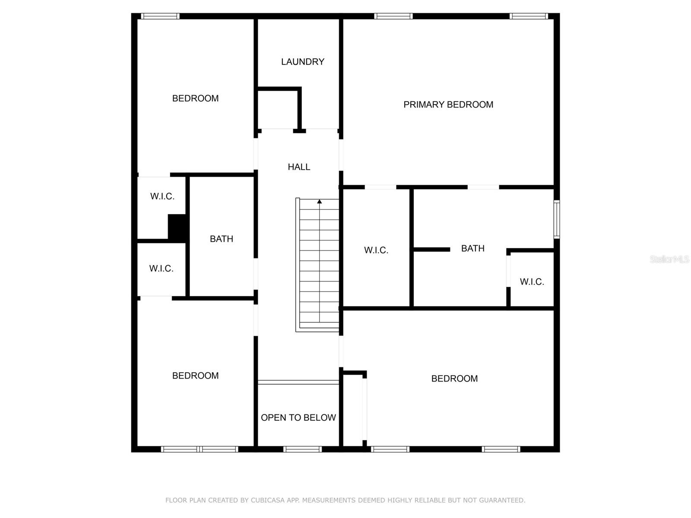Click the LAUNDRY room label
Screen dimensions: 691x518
click(x=303, y=62)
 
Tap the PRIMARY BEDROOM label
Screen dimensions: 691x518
click(x=448, y=104)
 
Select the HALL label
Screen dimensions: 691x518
click(x=299, y=167)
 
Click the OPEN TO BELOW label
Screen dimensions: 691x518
click(x=298, y=417)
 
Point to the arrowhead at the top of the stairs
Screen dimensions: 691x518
click(x=319, y=201)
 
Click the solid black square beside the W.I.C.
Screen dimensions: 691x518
click(x=177, y=228)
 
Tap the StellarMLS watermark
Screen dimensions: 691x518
click(x=669, y=259)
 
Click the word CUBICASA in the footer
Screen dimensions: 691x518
click(x=267, y=500)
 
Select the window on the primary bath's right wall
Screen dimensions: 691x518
click(x=557, y=219)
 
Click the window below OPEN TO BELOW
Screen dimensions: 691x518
click(x=302, y=449)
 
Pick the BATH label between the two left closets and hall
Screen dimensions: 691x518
click(x=221, y=239)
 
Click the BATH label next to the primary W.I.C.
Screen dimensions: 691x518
click(x=472, y=249)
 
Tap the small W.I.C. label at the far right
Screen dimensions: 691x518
click(x=532, y=282)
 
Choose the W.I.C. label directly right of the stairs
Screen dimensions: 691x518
click(x=376, y=250)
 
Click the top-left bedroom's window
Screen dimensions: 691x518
click(x=160, y=16)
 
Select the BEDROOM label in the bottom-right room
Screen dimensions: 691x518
click(x=454, y=379)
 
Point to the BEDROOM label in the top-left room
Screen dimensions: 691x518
click(x=195, y=98)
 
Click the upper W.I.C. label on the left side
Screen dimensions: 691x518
click(x=162, y=196)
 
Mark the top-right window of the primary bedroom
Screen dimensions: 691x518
click(x=529, y=16)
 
